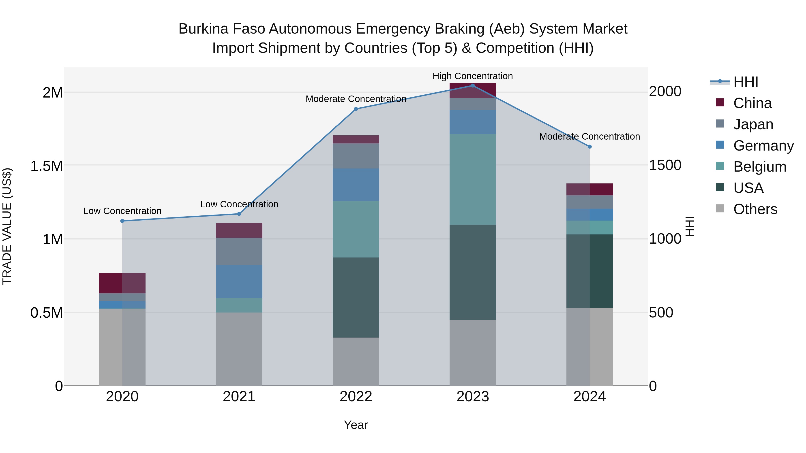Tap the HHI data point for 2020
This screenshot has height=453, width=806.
pos(122,221)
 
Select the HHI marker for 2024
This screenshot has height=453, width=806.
pos(589,147)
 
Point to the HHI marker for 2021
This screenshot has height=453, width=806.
pos(239,214)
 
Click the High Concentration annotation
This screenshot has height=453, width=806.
pos(472,76)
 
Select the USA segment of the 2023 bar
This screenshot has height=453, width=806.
pos(472,272)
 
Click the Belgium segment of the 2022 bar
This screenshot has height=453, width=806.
pos(356,229)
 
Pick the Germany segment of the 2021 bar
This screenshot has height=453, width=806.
pos(239,281)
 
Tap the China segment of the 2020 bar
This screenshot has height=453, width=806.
pos(122,283)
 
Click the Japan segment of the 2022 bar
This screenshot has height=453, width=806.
pos(356,156)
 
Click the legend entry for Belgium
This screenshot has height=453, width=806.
pos(759,167)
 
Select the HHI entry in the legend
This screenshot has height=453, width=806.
pos(745,82)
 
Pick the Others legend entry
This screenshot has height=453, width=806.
pos(755,209)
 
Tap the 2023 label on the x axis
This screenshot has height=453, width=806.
pos(472,397)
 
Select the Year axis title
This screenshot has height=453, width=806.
pos(356,425)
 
